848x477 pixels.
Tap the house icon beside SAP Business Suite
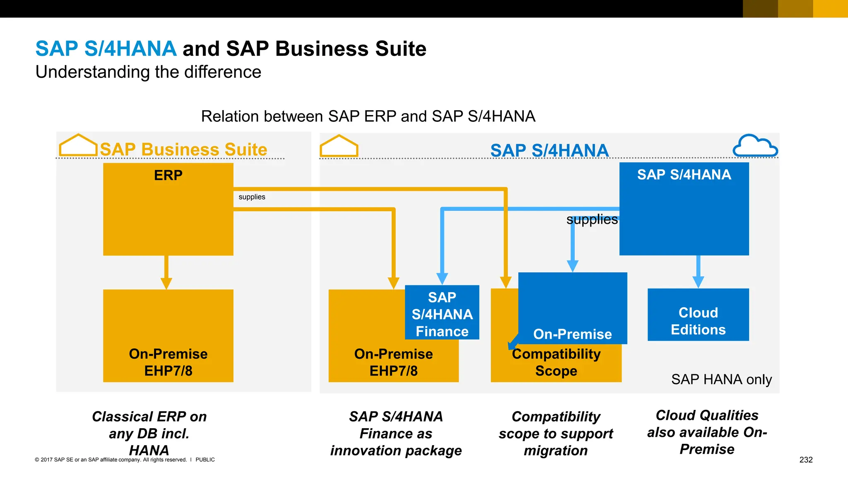click(x=78, y=145)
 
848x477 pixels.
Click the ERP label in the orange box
click(x=168, y=175)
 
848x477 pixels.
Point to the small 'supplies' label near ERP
click(x=252, y=197)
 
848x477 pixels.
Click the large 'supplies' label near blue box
click(x=592, y=219)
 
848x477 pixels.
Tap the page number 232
click(x=806, y=460)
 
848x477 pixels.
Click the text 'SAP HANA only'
click(x=721, y=379)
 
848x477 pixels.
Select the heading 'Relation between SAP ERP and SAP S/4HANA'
click(x=368, y=116)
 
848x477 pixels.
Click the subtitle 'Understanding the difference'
click(x=148, y=72)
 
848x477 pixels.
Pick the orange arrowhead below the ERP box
click(x=166, y=283)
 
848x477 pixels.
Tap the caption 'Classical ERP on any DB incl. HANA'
click(x=149, y=433)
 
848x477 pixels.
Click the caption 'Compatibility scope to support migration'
click(x=556, y=433)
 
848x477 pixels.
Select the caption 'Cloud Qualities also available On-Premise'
click(x=707, y=432)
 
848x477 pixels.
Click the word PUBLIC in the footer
click(x=205, y=460)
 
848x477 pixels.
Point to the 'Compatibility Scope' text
click(x=556, y=362)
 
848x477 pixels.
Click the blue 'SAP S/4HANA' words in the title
click(x=106, y=49)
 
